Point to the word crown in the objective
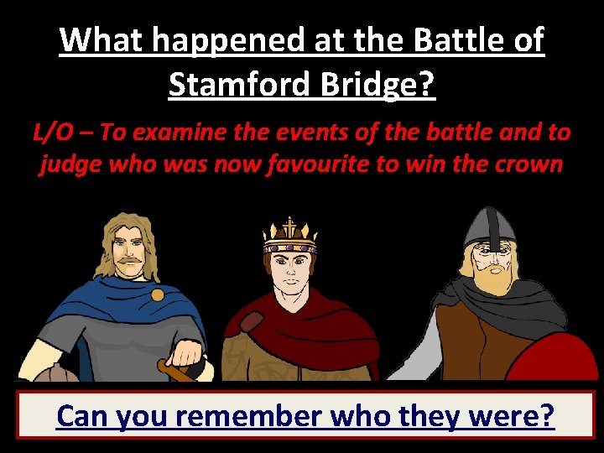tap(528, 163)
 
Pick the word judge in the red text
tap(68, 163)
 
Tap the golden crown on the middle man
tap(289, 239)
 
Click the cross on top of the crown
tap(289, 225)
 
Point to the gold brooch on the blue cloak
tap(157, 294)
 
